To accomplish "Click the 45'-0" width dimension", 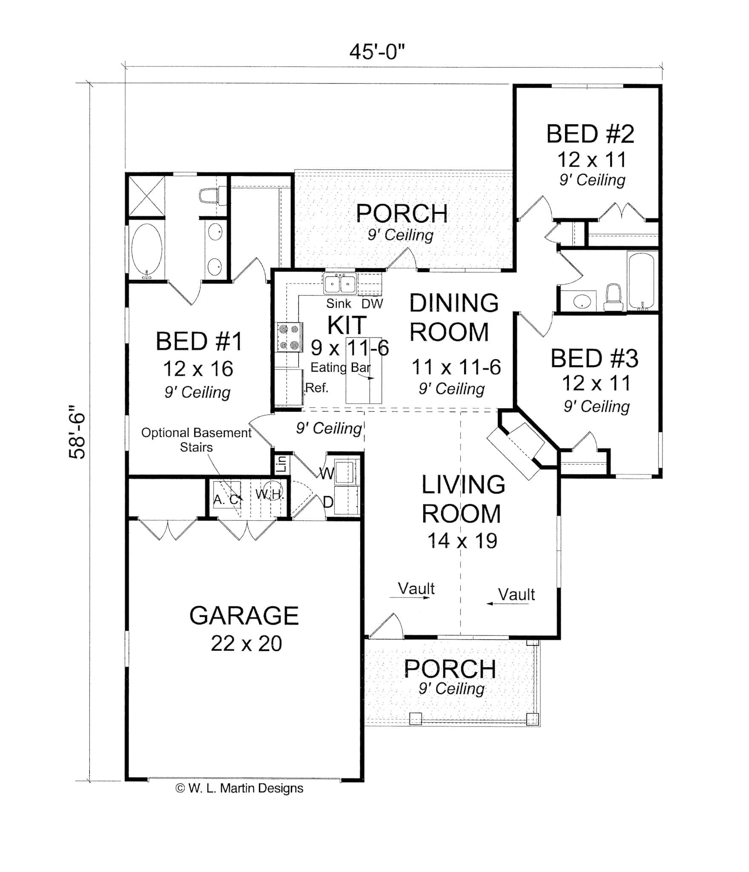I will [376, 52].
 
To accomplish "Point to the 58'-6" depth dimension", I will [77, 431].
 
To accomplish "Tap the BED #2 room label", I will [590, 134].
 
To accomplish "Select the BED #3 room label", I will [594, 359].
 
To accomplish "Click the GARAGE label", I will [244, 616].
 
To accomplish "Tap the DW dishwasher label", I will [372, 304].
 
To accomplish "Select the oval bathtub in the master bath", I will [146, 251].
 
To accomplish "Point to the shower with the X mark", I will [146, 196].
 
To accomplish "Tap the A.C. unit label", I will [226, 499].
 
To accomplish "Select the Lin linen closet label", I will [281, 464].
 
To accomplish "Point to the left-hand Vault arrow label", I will [416, 589].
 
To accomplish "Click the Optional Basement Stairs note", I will [196, 439].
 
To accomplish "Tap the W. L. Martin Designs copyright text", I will [240, 788].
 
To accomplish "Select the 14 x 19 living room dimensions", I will [462, 541].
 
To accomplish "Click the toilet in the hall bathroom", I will [613, 298].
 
